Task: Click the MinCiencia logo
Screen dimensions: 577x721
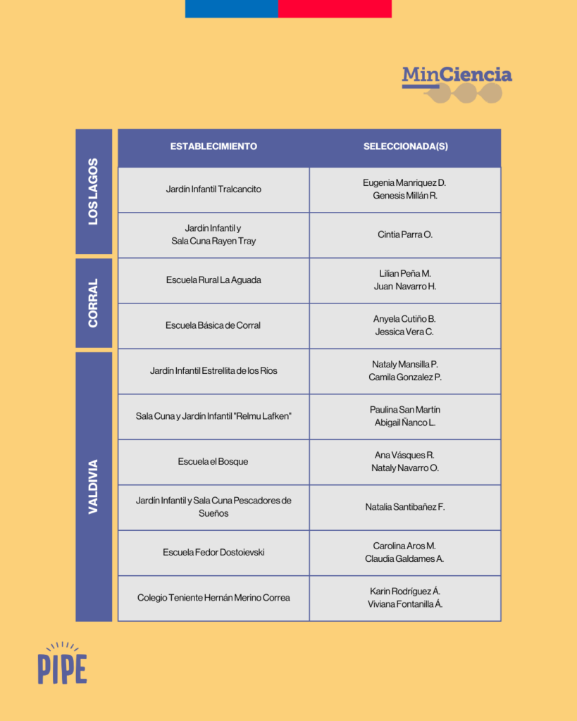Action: click(457, 84)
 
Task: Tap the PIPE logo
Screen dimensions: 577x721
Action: click(62, 663)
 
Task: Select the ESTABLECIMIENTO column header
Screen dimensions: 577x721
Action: click(213, 146)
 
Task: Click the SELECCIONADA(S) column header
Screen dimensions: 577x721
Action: click(405, 146)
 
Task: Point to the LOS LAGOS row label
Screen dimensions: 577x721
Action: click(94, 192)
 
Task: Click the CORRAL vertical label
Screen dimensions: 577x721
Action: click(94, 303)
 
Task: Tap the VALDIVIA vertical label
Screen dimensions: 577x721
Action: click(94, 487)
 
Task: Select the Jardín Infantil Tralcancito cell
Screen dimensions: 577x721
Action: click(213, 189)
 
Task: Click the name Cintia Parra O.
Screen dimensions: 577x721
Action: click(405, 234)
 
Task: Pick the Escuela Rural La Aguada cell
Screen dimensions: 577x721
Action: click(213, 280)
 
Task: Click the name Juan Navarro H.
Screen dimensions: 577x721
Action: click(405, 287)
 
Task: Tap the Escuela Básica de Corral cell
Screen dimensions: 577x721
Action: click(213, 325)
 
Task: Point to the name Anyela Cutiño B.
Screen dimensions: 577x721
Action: click(404, 319)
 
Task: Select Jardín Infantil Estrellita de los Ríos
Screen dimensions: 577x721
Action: click(213, 370)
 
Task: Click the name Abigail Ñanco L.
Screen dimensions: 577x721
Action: click(405, 422)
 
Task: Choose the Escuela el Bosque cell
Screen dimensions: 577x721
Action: click(213, 462)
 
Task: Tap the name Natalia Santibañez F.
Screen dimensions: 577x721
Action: click(405, 507)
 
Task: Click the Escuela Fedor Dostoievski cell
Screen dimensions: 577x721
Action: click(213, 552)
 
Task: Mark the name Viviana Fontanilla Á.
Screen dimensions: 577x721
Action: click(405, 604)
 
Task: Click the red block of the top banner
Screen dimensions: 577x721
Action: click(335, 8)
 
